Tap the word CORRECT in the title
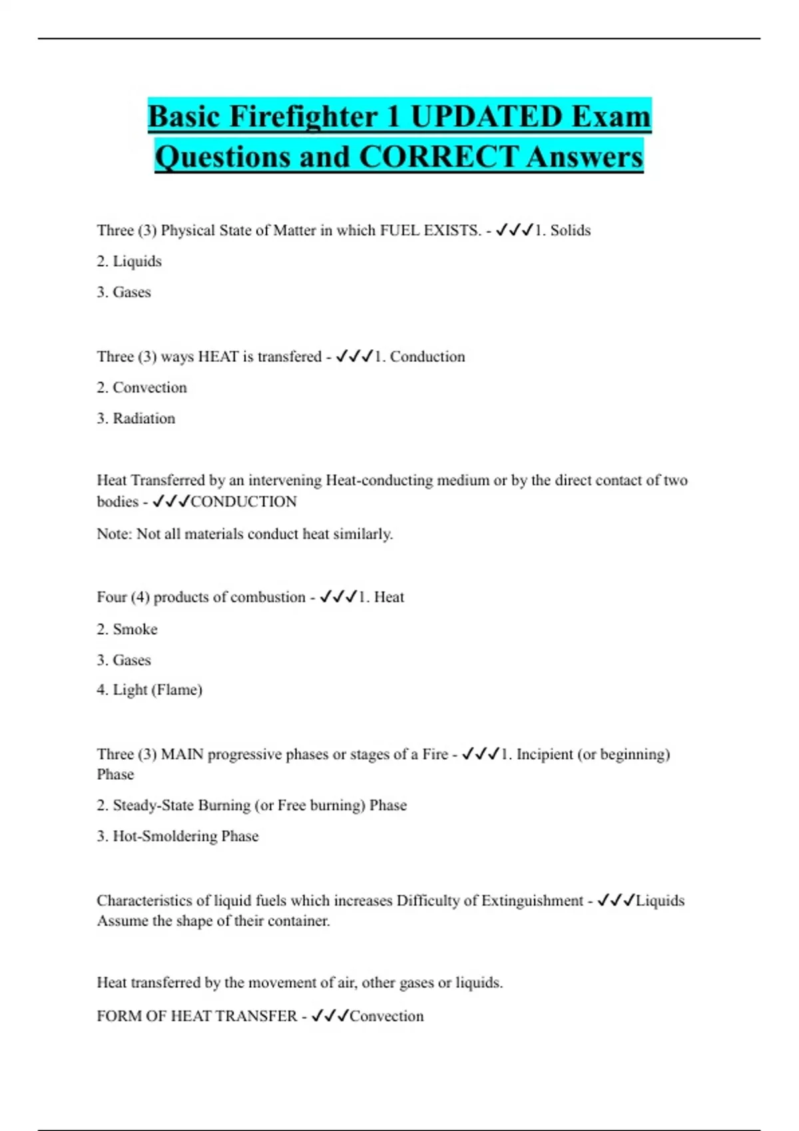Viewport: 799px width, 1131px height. coord(437,157)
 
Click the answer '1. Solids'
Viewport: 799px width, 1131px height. coord(563,230)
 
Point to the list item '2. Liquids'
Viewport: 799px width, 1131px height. coord(129,261)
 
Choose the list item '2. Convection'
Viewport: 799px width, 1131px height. coord(142,387)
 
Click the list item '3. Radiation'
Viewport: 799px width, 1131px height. coord(136,418)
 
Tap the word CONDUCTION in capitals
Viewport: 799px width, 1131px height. coord(244,502)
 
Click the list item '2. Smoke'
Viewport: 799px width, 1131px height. coord(127,629)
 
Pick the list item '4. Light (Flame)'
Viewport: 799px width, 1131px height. coord(149,690)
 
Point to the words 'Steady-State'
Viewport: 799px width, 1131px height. coord(154,805)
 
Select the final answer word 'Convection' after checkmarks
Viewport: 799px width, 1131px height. coord(386,1016)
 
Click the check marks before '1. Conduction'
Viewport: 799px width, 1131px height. coord(354,357)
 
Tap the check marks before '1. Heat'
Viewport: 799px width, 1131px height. coord(338,597)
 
